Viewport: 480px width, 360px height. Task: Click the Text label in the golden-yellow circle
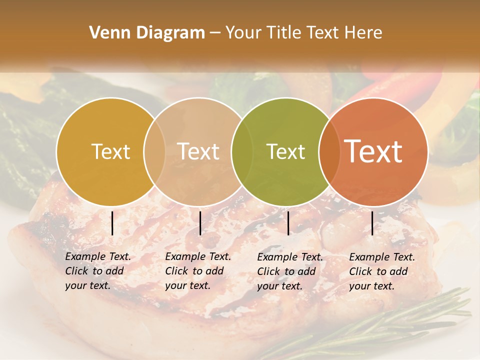coord(110,151)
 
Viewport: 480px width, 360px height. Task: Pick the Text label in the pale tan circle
coord(198,151)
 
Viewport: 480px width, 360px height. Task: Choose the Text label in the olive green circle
coord(286,151)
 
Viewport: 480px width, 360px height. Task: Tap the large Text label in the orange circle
coord(373,151)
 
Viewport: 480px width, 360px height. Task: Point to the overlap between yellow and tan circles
coord(154,151)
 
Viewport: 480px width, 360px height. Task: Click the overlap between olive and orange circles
coord(328,151)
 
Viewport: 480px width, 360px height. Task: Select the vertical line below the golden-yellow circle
coord(112,223)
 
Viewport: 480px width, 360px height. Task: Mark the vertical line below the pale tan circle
coord(200,223)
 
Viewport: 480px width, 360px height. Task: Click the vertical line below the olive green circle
coord(288,223)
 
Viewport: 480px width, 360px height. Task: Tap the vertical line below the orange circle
coord(372,223)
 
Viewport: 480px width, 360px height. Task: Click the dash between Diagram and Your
coord(215,33)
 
